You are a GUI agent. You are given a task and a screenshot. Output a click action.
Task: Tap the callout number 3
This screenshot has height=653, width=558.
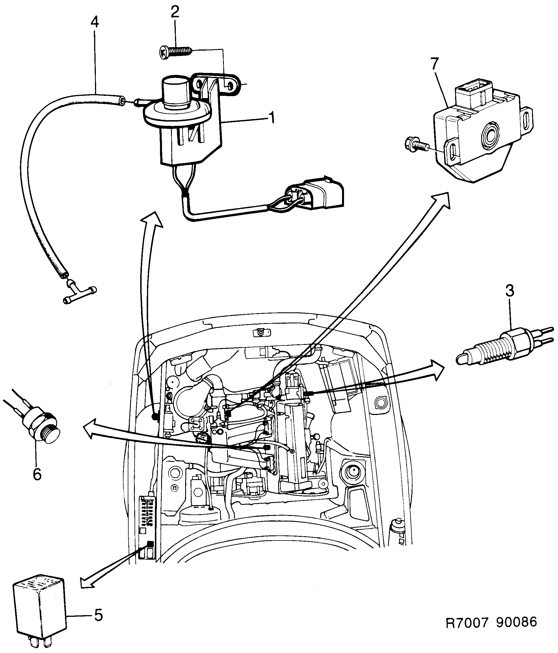point(510,291)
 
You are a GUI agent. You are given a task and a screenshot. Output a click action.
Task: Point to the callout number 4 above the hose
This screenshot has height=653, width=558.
point(94,22)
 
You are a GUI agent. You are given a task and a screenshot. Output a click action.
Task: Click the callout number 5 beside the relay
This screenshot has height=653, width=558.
point(98,615)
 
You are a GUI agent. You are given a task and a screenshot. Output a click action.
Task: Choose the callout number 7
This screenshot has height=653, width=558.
point(434,64)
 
